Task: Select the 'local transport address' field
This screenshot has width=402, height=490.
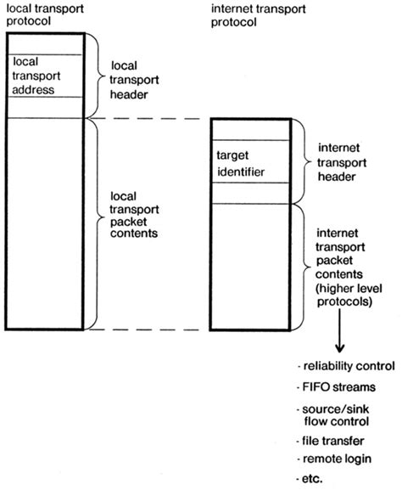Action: (42, 76)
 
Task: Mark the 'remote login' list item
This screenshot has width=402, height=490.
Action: (334, 460)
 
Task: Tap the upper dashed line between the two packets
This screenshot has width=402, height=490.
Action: (148, 118)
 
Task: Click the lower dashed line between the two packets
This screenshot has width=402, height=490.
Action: (148, 329)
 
